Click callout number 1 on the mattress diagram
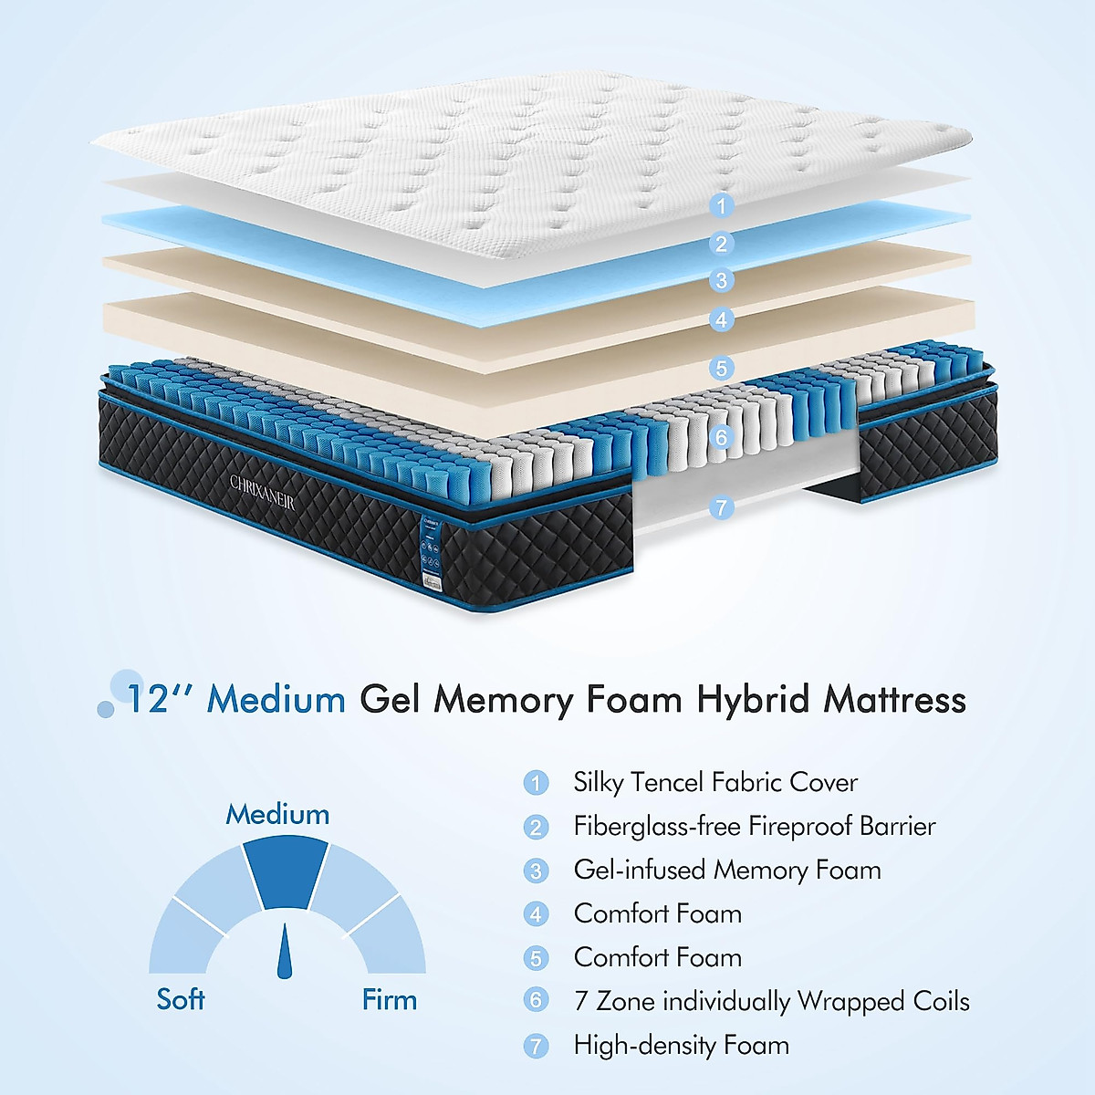click(x=721, y=206)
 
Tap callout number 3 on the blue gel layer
click(x=721, y=280)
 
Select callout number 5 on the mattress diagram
click(x=721, y=368)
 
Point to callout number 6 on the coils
click(x=721, y=437)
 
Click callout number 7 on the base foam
click(x=721, y=507)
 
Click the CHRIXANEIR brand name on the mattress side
click(x=263, y=486)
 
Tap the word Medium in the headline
click(x=276, y=700)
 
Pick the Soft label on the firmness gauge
click(x=181, y=999)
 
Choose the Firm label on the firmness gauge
click(x=389, y=999)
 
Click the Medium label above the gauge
click(x=277, y=814)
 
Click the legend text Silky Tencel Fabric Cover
click(x=715, y=782)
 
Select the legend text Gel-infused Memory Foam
click(x=727, y=870)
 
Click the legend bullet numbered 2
click(x=536, y=827)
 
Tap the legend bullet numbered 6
click(x=536, y=1001)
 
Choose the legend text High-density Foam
click(x=681, y=1045)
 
